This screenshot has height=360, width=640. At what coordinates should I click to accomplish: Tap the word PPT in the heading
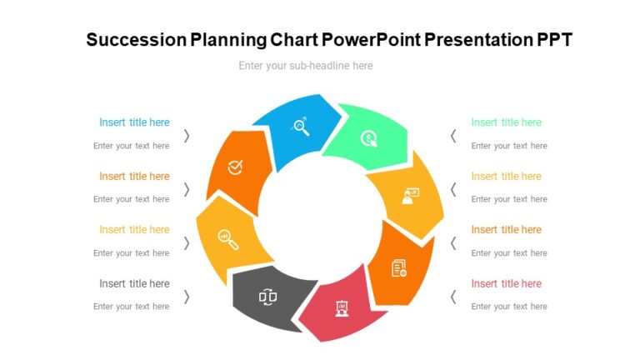[x=554, y=40]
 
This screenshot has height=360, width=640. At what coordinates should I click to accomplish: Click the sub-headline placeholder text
[x=305, y=66]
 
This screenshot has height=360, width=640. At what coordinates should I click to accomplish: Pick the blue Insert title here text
[x=134, y=122]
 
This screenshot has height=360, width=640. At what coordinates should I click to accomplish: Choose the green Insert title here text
[x=506, y=122]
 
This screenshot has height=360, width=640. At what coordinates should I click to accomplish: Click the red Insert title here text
[x=506, y=283]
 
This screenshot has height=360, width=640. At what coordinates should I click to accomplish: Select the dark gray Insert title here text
[x=134, y=283]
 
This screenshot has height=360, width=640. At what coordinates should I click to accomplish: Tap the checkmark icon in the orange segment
[x=236, y=167]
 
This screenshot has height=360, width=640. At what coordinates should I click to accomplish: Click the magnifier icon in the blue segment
[x=300, y=127]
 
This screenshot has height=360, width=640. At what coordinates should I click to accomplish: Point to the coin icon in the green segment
[x=368, y=138]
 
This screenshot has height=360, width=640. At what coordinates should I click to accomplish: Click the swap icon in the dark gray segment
[x=267, y=296]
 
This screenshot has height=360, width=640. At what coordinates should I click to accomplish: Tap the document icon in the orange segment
[x=399, y=267]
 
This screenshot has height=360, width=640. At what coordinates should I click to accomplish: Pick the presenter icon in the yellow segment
[x=409, y=195]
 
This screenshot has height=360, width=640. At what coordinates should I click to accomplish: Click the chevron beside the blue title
[x=187, y=136]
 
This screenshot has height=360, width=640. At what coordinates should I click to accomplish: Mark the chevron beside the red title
[x=453, y=297]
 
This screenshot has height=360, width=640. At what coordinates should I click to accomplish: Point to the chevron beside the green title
[x=453, y=136]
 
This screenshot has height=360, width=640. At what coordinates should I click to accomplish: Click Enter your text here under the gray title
[x=131, y=307]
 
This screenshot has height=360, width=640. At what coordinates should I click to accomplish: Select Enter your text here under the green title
[x=509, y=146]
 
